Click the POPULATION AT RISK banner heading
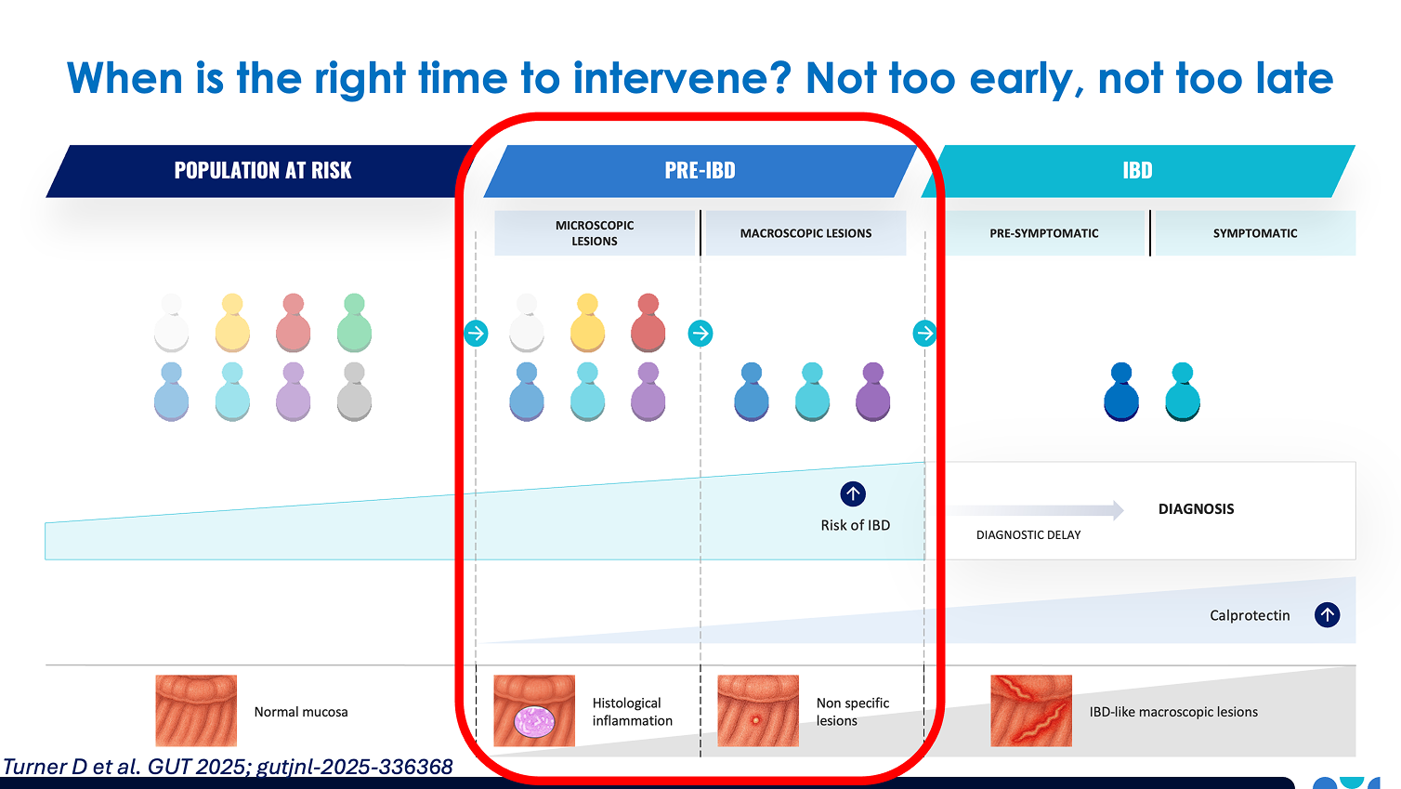[x=263, y=170]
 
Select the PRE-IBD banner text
[x=700, y=170]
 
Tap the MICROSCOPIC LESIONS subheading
[x=595, y=232]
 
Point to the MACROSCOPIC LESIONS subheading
[x=805, y=233]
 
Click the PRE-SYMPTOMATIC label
[x=1044, y=233]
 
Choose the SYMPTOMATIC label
[x=1254, y=233]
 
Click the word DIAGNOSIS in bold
[x=1196, y=508]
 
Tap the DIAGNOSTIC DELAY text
[x=1028, y=535]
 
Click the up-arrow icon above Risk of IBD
[x=853, y=493]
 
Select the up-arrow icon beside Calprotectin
[x=1327, y=614]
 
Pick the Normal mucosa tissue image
[x=196, y=710]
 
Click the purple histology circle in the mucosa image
[x=534, y=721]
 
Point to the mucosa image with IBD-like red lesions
[x=1030, y=710]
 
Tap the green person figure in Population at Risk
[x=354, y=322]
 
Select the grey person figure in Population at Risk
[x=354, y=391]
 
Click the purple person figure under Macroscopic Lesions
[x=872, y=391]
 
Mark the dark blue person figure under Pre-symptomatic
[x=1120, y=391]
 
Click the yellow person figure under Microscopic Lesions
[x=587, y=322]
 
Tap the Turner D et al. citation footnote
[x=228, y=767]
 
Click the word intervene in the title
[x=682, y=79]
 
